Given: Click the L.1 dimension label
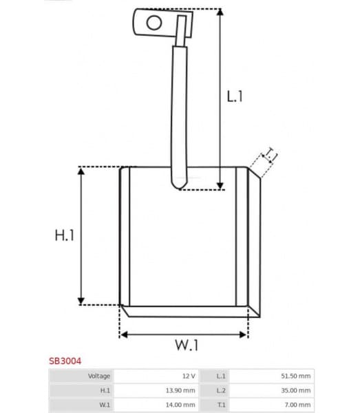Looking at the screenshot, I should coord(235,97).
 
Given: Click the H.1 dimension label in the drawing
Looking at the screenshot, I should coord(64,235).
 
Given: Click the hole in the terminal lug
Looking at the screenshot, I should coord(154,23).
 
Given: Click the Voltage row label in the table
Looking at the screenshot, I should coord(99,376).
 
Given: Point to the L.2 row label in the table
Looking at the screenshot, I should coord(220,390).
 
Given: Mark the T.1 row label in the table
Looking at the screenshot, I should coord(220,405).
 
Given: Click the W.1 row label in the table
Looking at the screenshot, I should coord(105,405).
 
